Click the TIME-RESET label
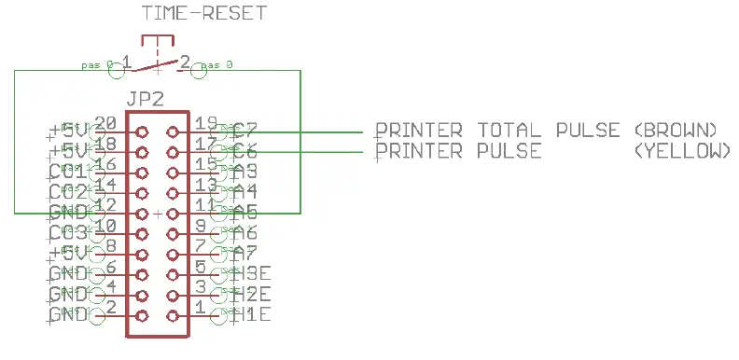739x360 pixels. tap(203, 13)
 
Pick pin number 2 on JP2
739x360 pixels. tap(110, 307)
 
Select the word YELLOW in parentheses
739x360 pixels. tap(680, 151)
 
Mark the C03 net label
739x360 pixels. tap(67, 233)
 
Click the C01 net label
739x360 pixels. tap(67, 172)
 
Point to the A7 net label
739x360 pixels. tap(245, 254)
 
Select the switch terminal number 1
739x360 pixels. tap(126, 63)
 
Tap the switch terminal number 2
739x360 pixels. tap(185, 63)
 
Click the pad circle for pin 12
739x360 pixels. tap(142, 214)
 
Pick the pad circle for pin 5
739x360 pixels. tap(172, 275)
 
